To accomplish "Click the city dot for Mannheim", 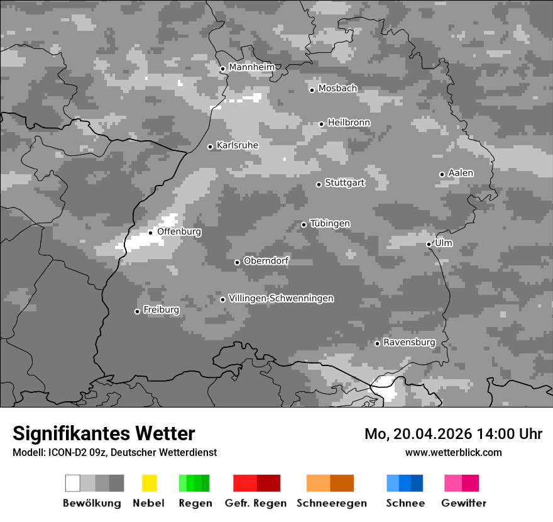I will (x=222, y=69).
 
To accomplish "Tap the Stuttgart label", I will (x=344, y=183).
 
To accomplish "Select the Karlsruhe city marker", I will (x=211, y=147).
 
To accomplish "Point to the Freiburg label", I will (x=161, y=310).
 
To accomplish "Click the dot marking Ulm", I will (x=429, y=244).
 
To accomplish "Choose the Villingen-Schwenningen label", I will (x=281, y=298).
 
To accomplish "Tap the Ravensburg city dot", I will (x=377, y=343).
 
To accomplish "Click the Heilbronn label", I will (x=349, y=123).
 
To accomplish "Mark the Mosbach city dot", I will (x=312, y=90).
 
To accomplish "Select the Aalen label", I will (x=461, y=173).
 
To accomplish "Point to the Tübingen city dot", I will (x=304, y=225).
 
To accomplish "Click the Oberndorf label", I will (x=266, y=260).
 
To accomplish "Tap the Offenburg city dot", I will (x=151, y=233).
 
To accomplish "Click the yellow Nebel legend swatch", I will (x=149, y=483).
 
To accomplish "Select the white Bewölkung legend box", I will (x=73, y=483).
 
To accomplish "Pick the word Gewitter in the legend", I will (x=464, y=503).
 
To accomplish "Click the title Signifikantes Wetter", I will (x=104, y=433).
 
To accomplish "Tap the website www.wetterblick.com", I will (x=453, y=452).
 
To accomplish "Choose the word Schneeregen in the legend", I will (x=332, y=503).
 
